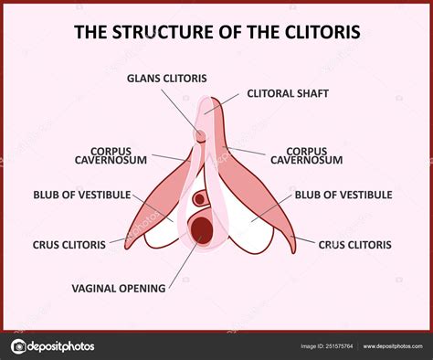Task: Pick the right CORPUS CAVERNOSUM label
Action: click(x=313, y=155)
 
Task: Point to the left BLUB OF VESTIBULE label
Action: click(x=81, y=195)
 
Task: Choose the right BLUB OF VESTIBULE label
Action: click(x=343, y=195)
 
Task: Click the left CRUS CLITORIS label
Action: click(x=69, y=244)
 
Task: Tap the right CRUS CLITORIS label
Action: click(x=354, y=244)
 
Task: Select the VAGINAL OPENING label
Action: click(x=119, y=288)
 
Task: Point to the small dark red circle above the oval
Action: click(x=199, y=198)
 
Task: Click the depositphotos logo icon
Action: click(x=19, y=346)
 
